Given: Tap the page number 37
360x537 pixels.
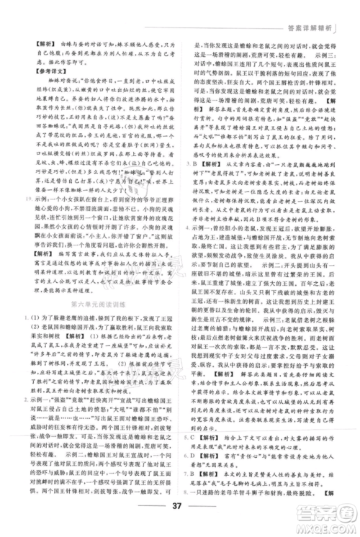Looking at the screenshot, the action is tap(180, 515).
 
